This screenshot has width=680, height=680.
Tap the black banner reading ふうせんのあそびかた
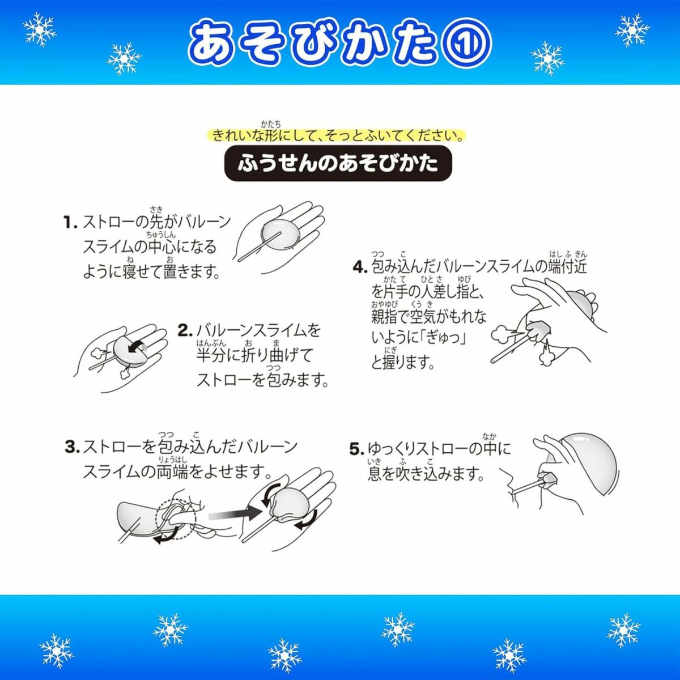coord(338,163)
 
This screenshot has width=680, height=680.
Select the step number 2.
coord(185,330)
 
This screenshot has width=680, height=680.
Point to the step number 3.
coord(73,448)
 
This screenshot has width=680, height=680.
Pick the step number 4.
coord(360,267)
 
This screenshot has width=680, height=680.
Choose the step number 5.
coord(357,449)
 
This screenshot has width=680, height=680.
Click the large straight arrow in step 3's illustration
coord(234,516)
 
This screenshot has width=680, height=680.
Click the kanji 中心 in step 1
coord(161,247)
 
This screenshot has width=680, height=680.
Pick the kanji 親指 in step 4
coord(385,316)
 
